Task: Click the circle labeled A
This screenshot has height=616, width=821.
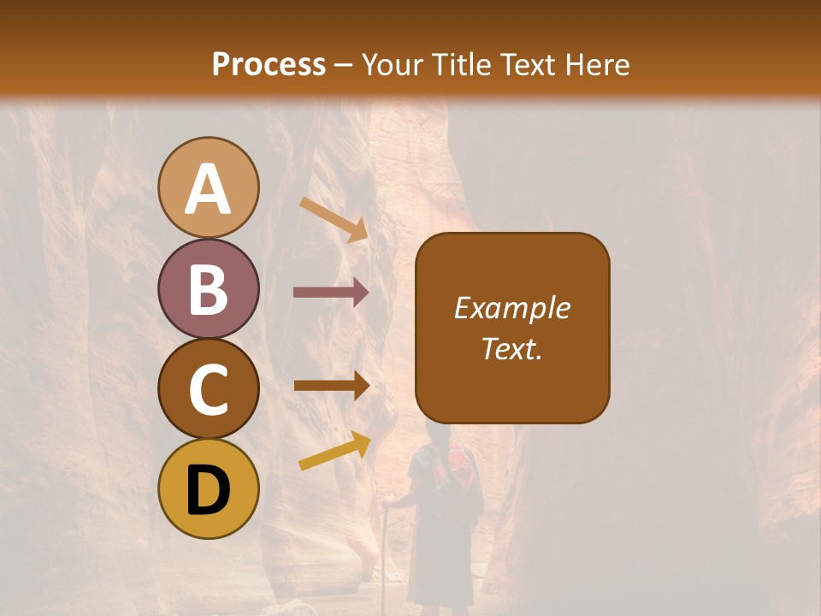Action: point(208,187)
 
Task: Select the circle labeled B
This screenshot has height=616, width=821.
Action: point(208,288)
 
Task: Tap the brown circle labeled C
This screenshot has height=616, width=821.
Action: point(208,388)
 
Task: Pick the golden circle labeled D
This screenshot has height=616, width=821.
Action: point(208,489)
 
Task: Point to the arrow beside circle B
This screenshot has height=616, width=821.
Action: point(331,293)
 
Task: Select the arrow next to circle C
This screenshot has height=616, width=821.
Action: point(331,385)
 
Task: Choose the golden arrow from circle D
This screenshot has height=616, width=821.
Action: point(334,451)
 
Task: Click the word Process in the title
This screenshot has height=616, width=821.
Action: point(269,64)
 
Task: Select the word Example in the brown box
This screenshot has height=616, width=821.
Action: point(511,309)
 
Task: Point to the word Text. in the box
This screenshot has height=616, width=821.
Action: point(511,349)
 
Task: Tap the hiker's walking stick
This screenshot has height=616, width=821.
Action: point(387,548)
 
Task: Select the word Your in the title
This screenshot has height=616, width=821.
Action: point(393,64)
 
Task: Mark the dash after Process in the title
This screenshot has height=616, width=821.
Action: point(344,66)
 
